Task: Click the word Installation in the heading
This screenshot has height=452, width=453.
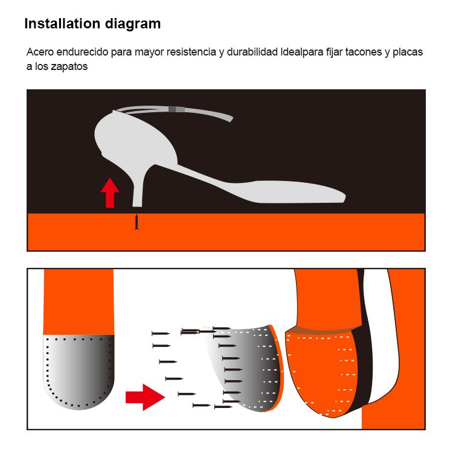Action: point(62,24)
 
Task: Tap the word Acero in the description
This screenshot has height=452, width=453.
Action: point(40,52)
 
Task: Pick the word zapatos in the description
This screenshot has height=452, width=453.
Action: point(69,66)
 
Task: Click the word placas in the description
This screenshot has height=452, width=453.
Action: point(408,53)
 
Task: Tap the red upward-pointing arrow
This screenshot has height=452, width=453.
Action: point(110,193)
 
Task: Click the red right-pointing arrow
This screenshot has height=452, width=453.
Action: point(145,397)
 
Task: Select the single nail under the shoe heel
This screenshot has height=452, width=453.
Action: point(137,221)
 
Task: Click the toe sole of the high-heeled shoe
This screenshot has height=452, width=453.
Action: point(298,192)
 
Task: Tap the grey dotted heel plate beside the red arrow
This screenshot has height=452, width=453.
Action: point(79,372)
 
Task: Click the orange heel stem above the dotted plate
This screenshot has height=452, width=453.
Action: point(79,302)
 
